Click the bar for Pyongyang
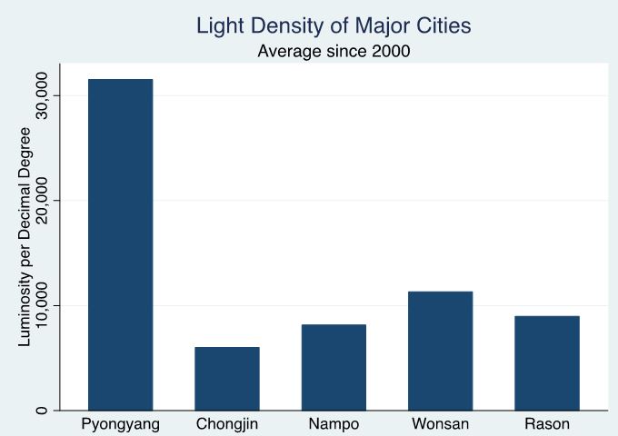(x=120, y=244)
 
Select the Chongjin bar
(x=226, y=378)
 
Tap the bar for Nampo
(x=334, y=367)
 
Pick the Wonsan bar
(x=441, y=351)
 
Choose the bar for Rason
(x=547, y=362)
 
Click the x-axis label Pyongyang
(x=120, y=424)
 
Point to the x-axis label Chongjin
(x=226, y=424)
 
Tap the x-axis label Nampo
(x=334, y=424)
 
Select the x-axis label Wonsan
(x=441, y=424)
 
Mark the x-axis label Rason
(x=547, y=424)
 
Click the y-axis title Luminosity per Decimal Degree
(x=25, y=236)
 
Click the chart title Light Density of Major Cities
(x=334, y=26)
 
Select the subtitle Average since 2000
(x=334, y=51)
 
